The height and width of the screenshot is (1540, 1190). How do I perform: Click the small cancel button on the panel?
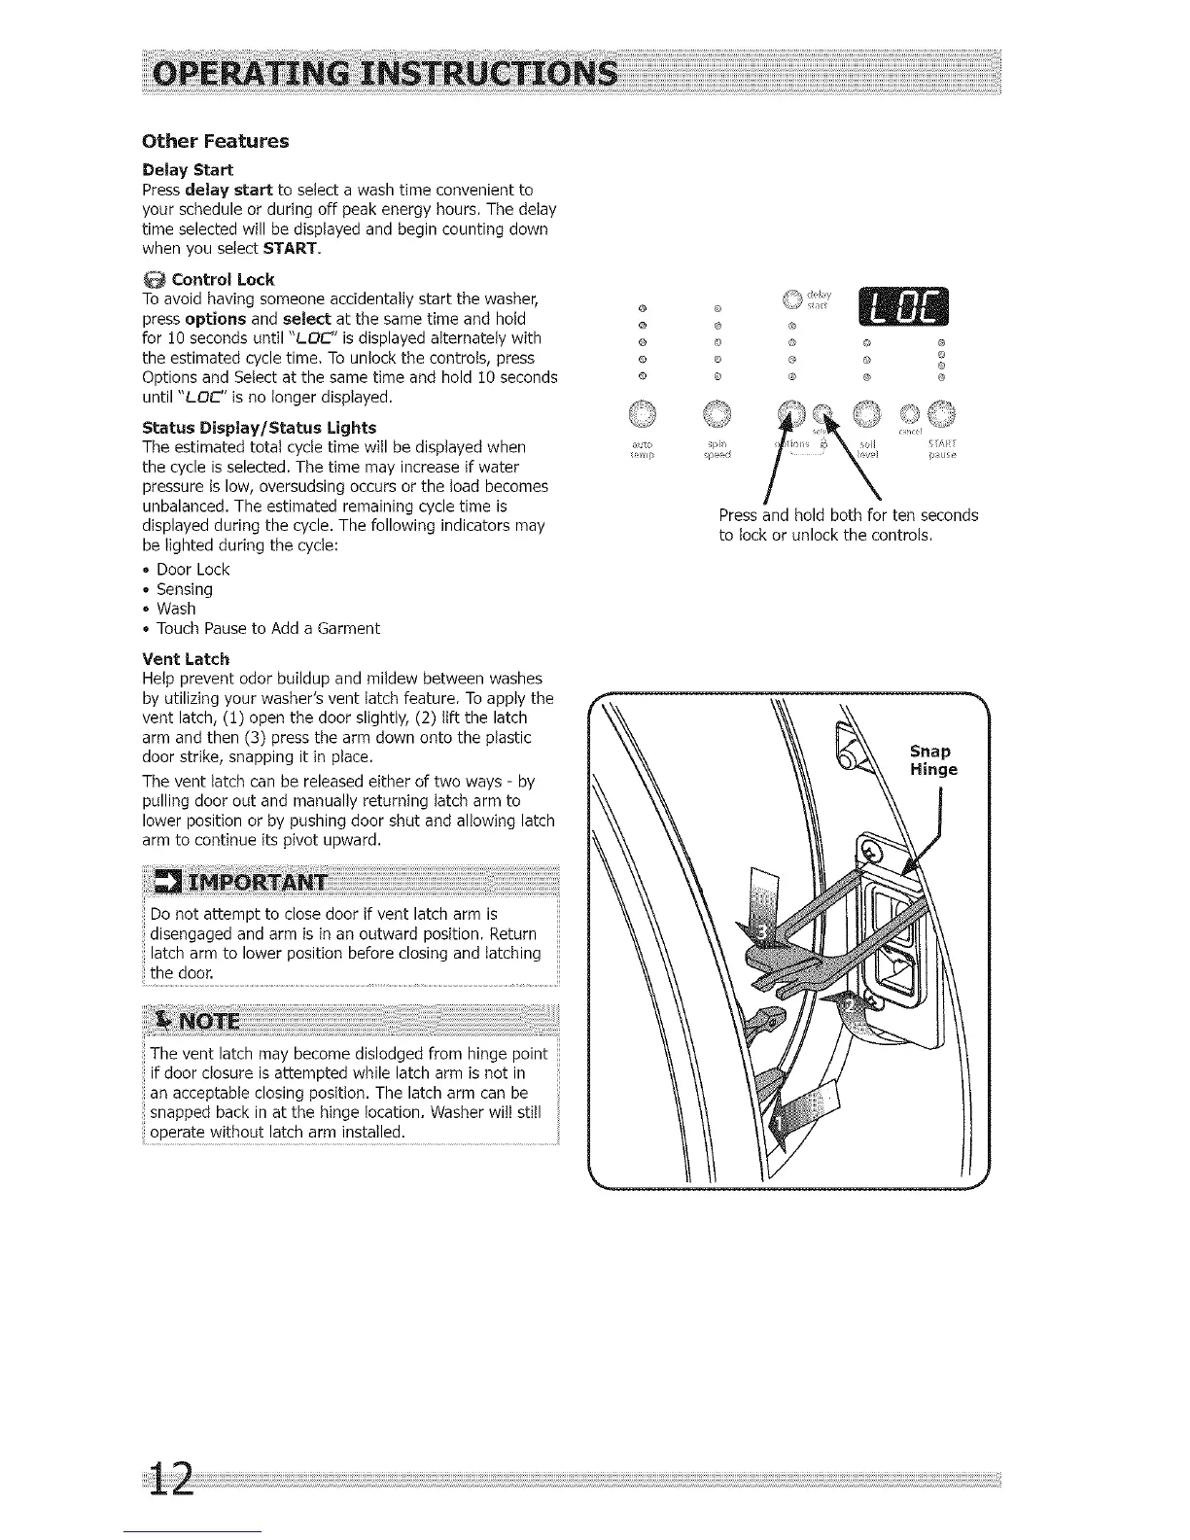click(914, 414)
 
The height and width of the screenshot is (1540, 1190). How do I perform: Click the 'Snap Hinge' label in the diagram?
click(933, 760)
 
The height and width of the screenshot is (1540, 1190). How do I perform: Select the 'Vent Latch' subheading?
click(186, 658)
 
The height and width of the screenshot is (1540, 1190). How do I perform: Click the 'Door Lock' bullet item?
click(192, 570)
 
